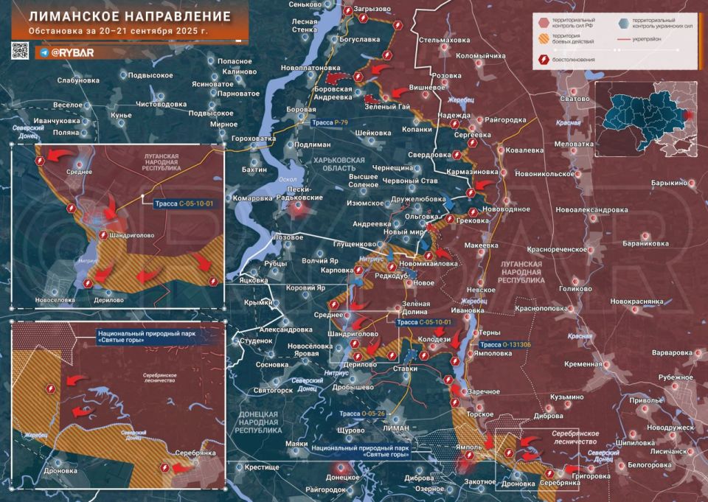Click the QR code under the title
click(x=20, y=51)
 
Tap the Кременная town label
click(x=583, y=364)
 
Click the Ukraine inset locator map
click(x=648, y=117)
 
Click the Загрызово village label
click(x=372, y=9)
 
